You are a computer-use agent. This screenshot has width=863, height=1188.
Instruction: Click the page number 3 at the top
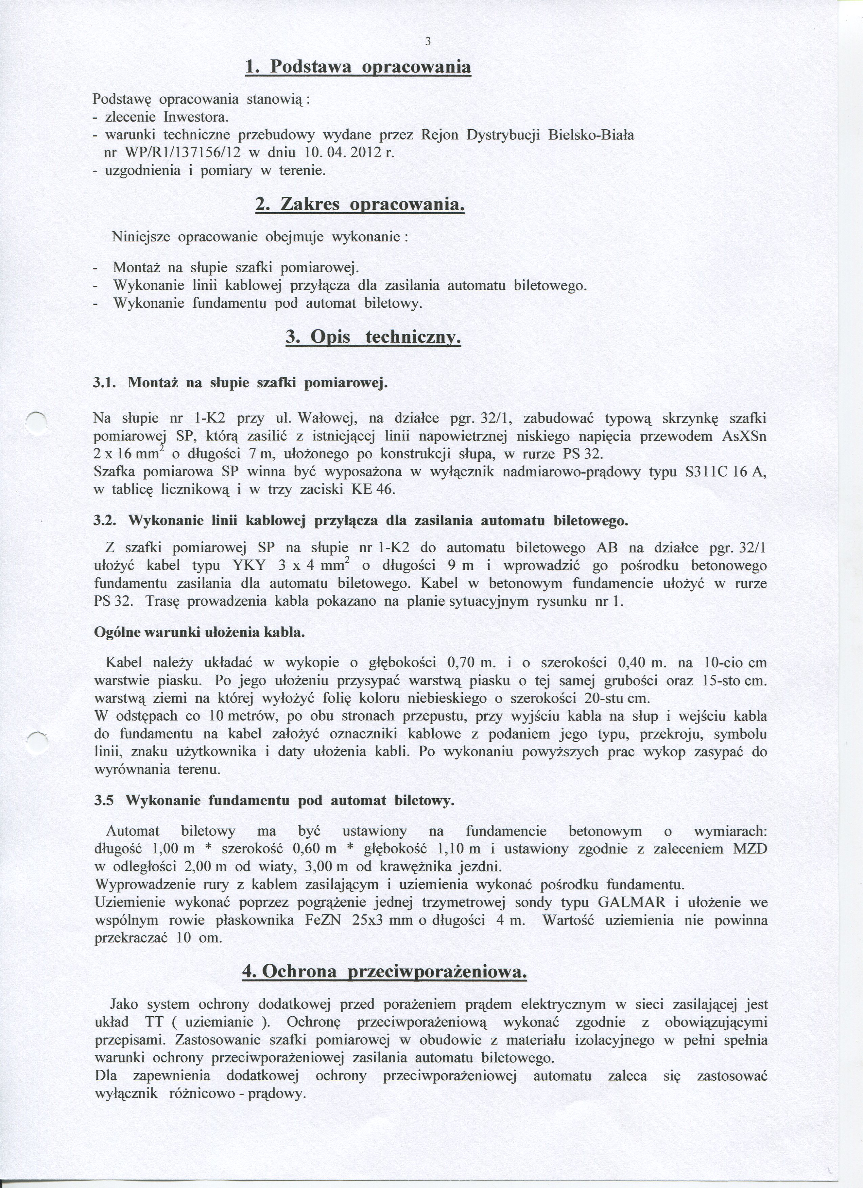click(x=428, y=42)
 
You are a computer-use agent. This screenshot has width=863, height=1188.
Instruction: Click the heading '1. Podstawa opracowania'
click(x=358, y=68)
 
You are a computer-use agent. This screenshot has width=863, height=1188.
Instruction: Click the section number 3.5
click(x=104, y=800)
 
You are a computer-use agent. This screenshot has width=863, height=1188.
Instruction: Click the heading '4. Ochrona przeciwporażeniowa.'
click(x=384, y=972)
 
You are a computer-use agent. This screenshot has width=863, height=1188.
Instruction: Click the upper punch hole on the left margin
click(x=38, y=421)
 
